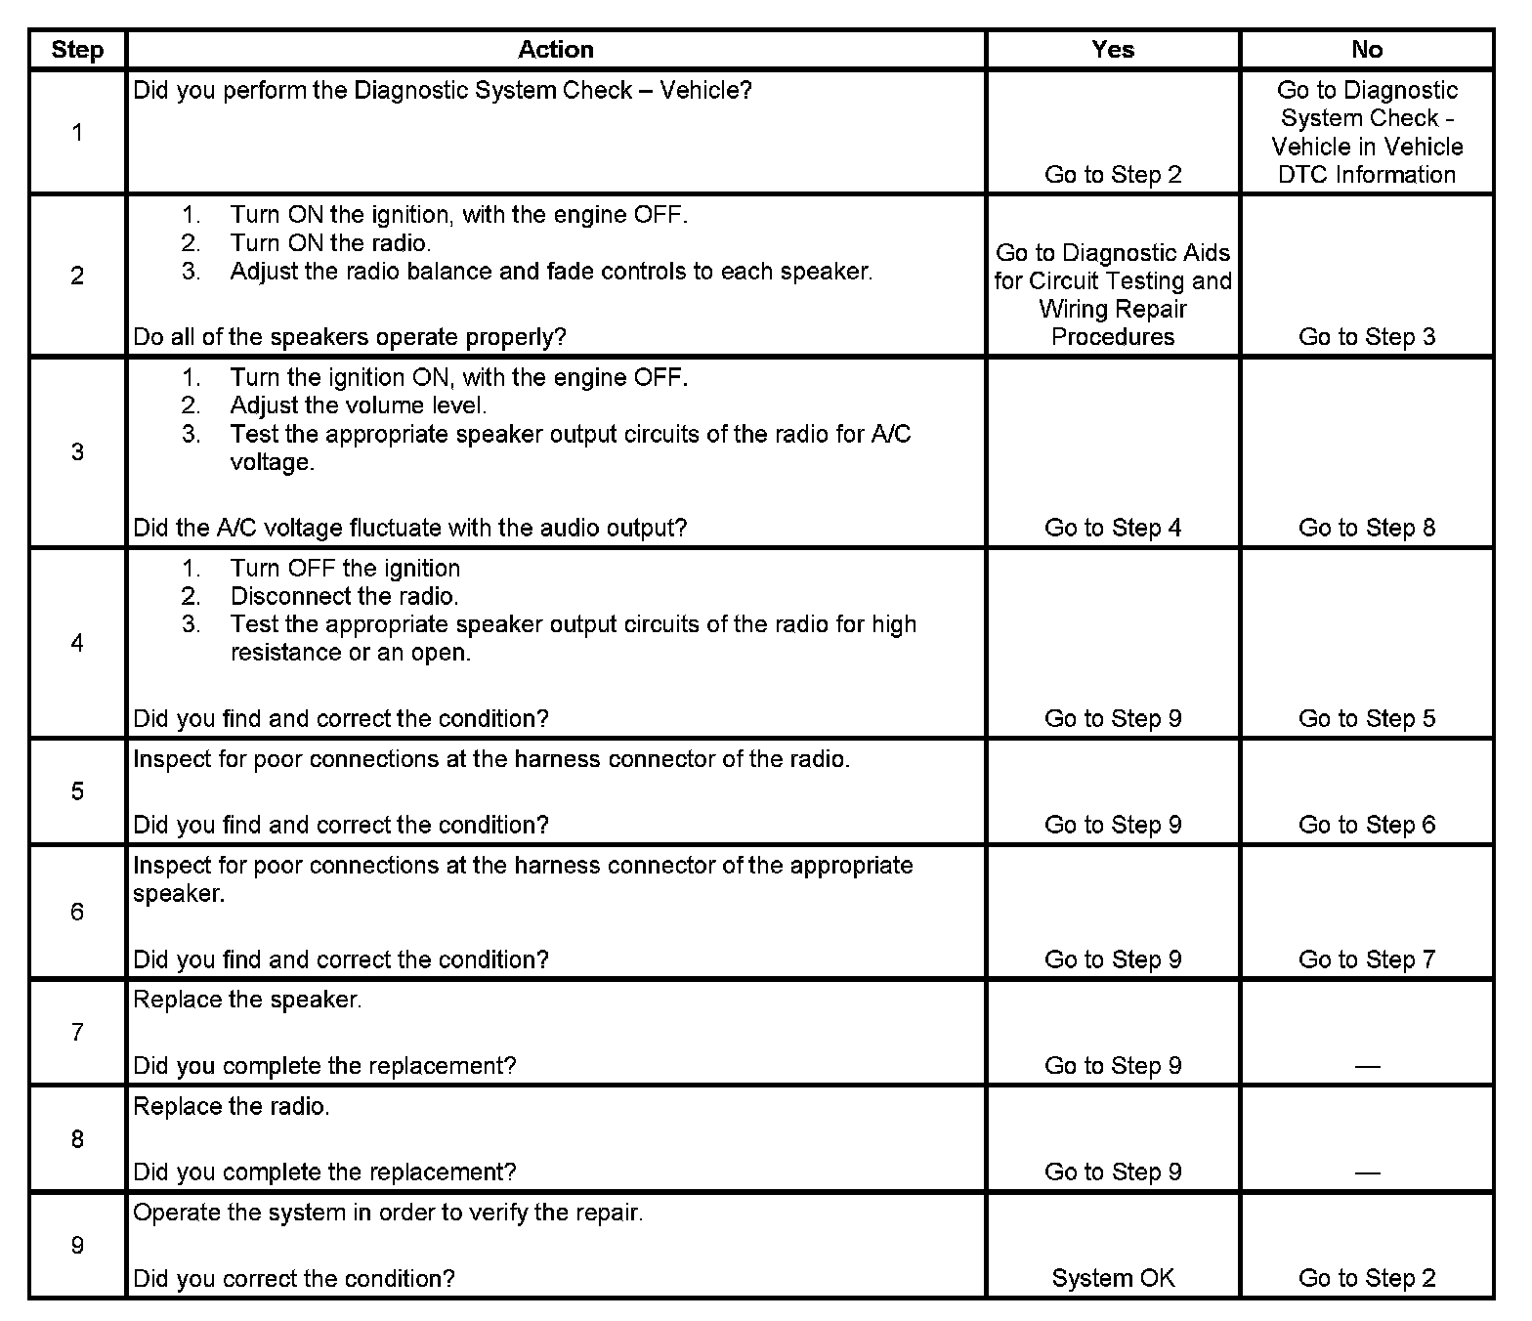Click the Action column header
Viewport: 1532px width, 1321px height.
point(555,50)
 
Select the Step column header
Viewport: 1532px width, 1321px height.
point(77,50)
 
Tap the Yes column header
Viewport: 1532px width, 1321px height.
point(1113,50)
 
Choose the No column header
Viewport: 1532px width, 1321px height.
point(1367,50)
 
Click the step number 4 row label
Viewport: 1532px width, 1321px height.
point(77,643)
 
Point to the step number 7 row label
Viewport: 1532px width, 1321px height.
point(77,1032)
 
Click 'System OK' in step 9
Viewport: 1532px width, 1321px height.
point(1113,1278)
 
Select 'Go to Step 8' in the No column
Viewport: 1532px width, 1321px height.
point(1367,528)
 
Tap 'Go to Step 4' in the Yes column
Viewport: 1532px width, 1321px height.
point(1113,528)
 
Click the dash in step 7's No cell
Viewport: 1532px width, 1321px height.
point(1367,1066)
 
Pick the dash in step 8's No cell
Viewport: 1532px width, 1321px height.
point(1367,1172)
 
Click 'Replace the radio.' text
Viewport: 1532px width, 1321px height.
point(232,1106)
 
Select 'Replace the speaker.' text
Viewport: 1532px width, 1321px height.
point(247,1000)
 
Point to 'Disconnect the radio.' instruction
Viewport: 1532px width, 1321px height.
point(344,596)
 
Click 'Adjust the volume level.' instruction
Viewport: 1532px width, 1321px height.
point(358,405)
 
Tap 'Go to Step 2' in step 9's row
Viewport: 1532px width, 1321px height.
point(1367,1278)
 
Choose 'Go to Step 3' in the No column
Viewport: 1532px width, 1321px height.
point(1367,337)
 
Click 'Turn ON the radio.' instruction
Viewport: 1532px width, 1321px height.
point(330,242)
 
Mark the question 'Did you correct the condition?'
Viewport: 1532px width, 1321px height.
point(294,1278)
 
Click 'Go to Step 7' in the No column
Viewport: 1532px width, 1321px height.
point(1367,959)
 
